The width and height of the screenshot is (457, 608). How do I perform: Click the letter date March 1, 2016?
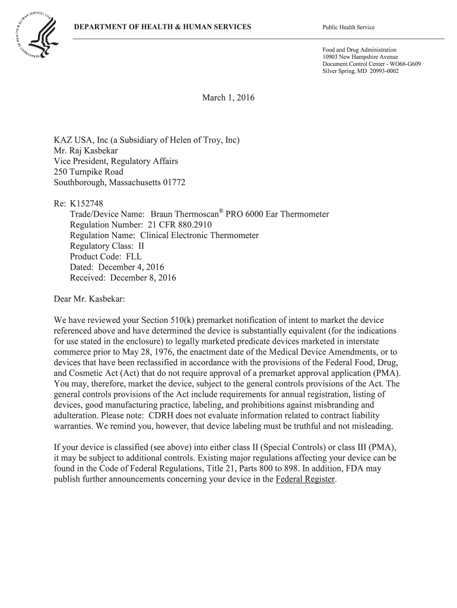[x=228, y=97]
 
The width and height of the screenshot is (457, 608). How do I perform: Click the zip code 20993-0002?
[x=380, y=71]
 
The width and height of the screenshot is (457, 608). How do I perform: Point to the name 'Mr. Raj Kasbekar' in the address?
[x=86, y=151]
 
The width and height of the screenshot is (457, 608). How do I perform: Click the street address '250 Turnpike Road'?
[x=89, y=172]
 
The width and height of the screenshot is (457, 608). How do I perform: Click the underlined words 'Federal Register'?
[x=306, y=480]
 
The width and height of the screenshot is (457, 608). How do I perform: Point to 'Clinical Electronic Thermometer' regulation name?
[x=199, y=236]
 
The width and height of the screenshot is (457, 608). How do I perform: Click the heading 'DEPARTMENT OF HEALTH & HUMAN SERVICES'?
[x=162, y=28]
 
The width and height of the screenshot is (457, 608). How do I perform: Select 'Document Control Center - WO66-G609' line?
[x=372, y=64]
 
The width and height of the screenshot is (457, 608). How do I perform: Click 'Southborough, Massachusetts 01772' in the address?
[x=120, y=183]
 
